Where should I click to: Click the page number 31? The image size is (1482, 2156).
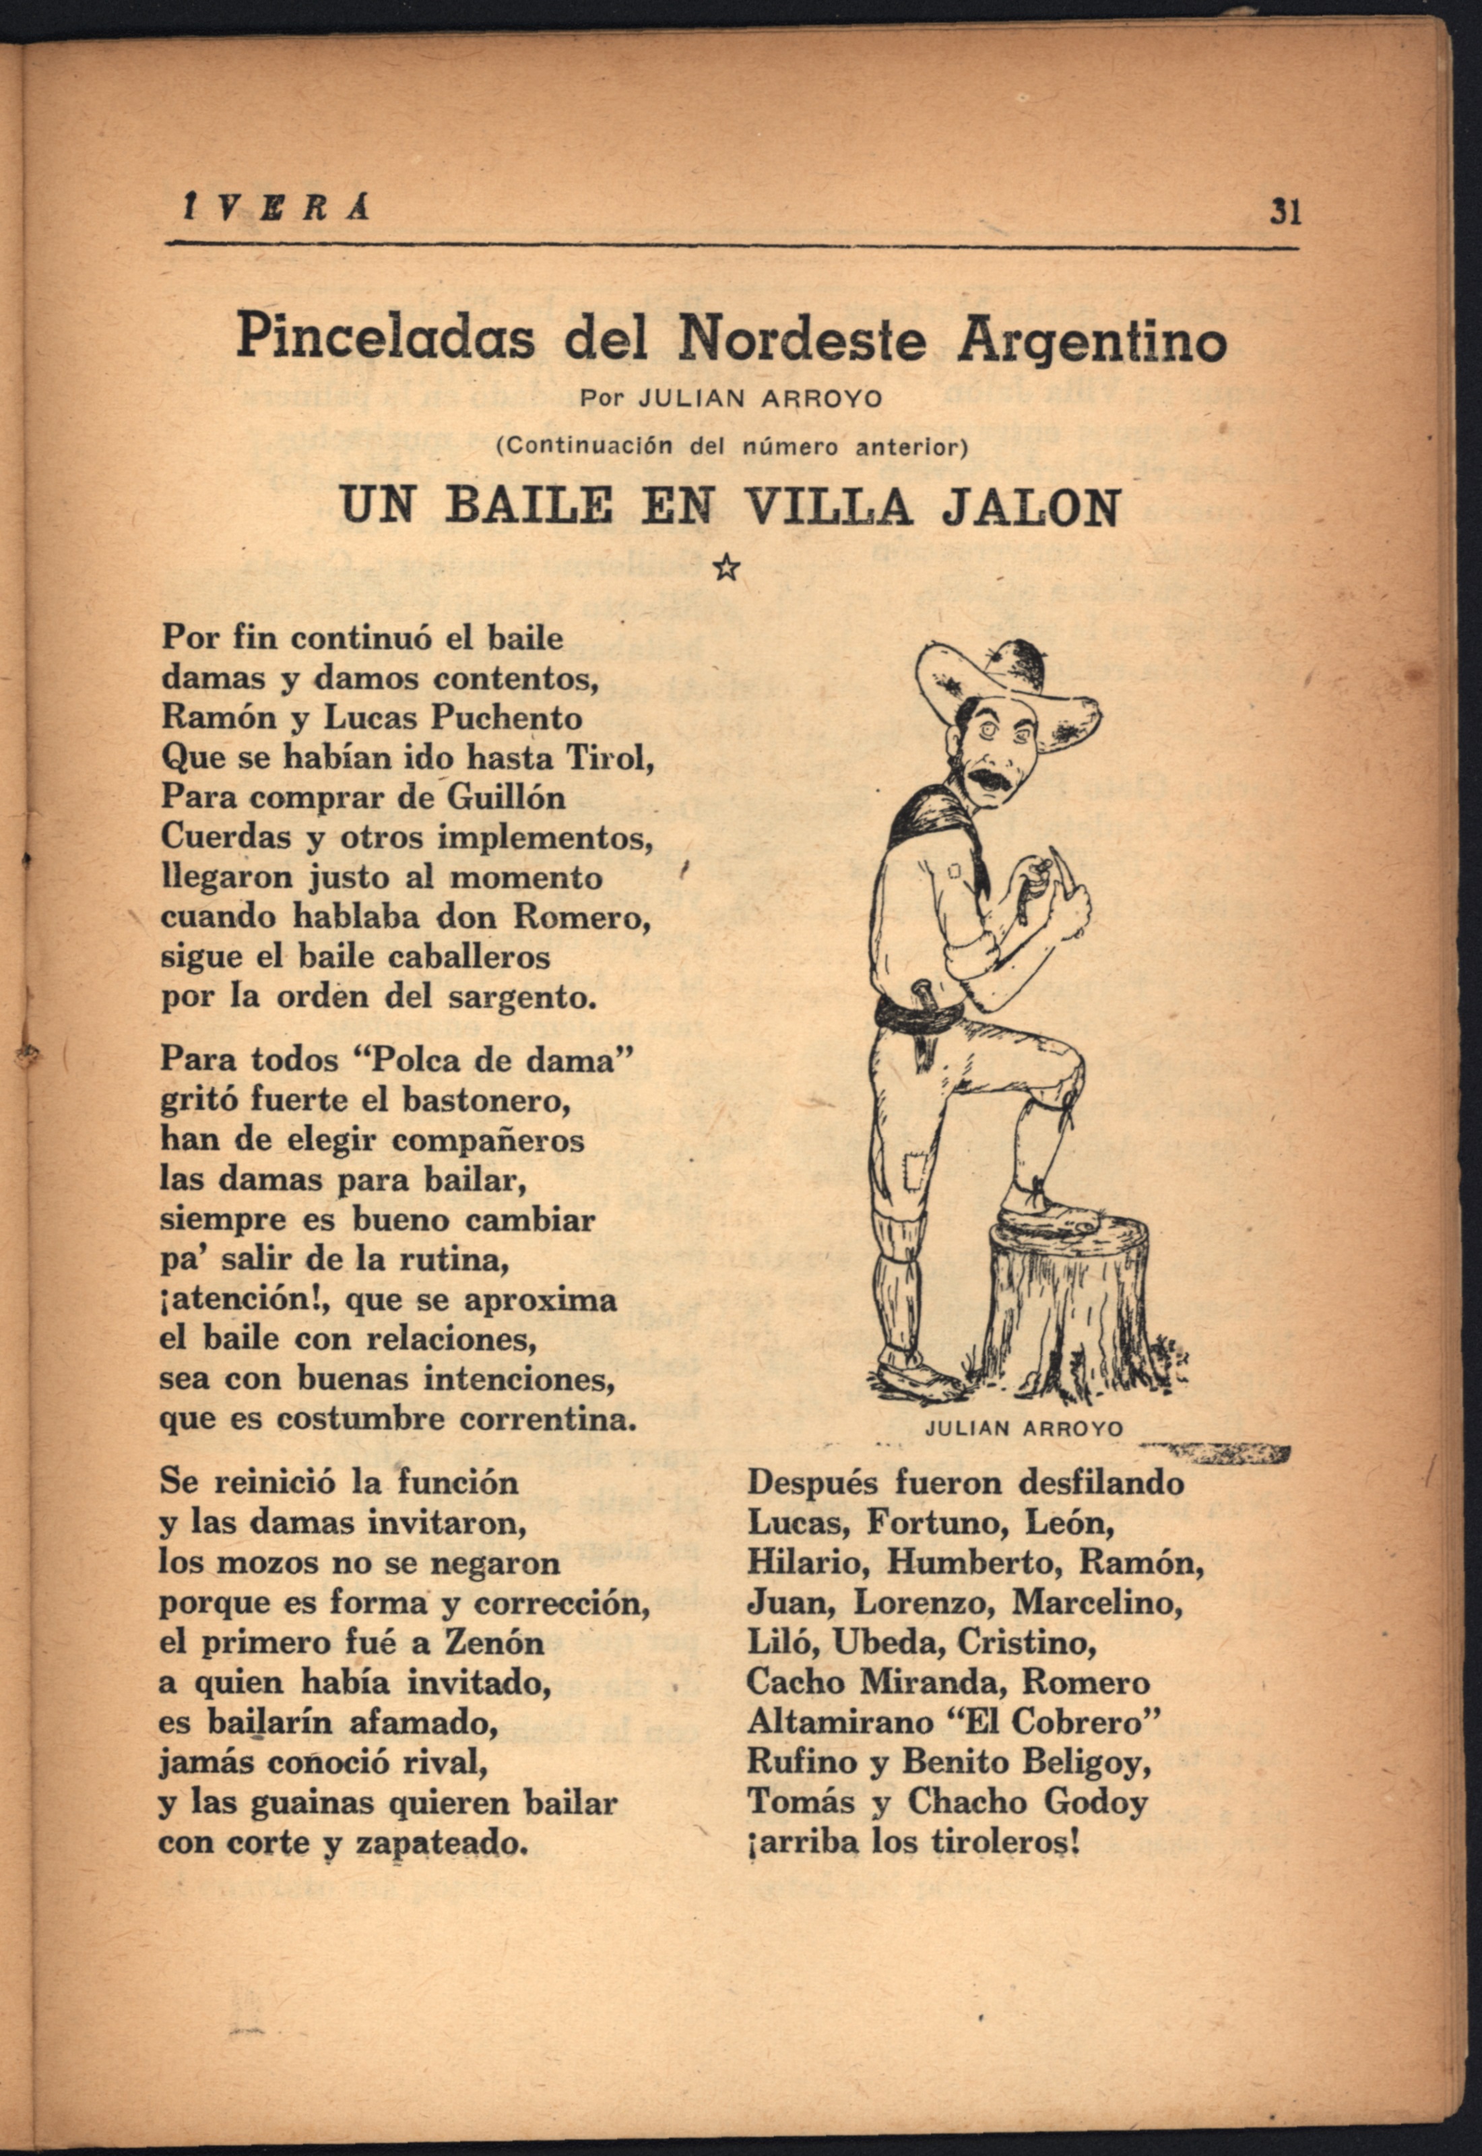(x=1285, y=213)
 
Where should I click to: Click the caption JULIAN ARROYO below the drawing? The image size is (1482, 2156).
(x=1024, y=1429)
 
